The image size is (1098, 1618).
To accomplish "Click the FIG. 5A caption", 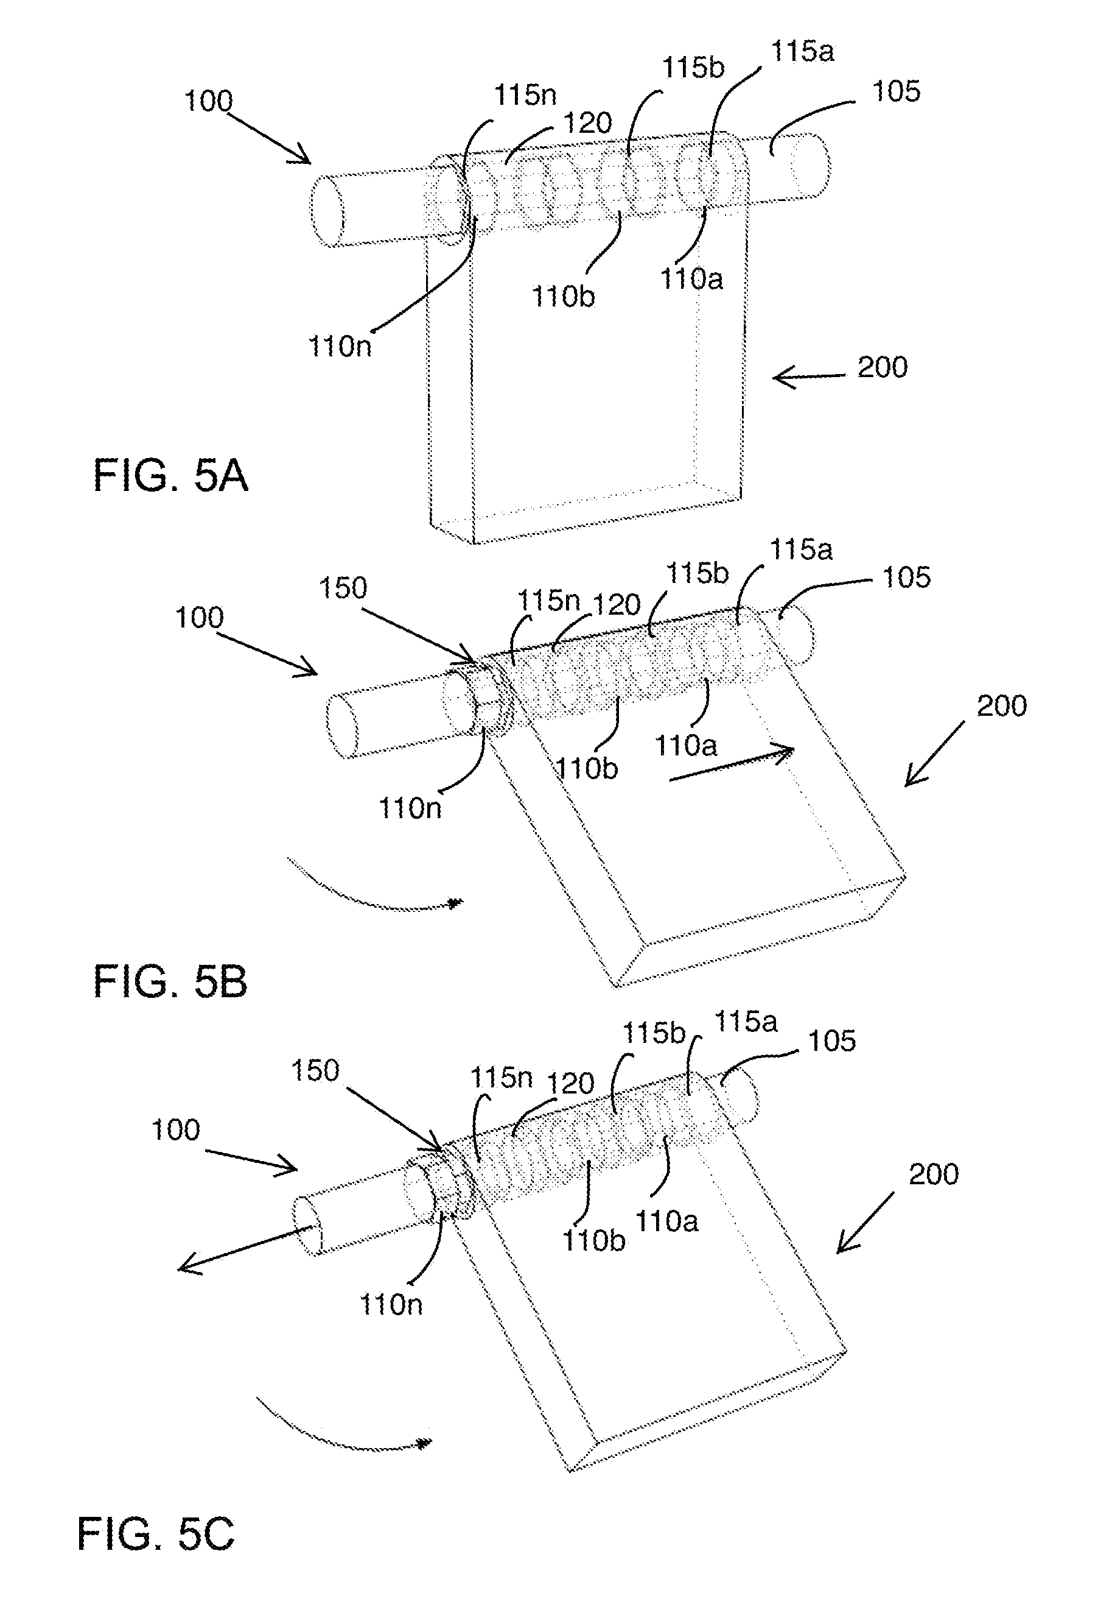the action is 170,476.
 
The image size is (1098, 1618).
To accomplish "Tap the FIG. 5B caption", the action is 170,981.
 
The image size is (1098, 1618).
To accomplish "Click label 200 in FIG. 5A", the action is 883,367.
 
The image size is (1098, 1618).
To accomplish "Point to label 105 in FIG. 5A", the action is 896,91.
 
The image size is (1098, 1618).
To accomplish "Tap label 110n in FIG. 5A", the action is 340,346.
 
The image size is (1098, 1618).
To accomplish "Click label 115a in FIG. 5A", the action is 802,52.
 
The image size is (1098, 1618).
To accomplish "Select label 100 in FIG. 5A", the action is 208,101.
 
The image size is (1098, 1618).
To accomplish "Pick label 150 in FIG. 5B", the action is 342,588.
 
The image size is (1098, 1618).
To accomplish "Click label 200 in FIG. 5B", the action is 1001,706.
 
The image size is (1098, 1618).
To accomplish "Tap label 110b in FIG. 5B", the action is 586,769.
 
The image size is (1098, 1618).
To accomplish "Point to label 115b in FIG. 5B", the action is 698,573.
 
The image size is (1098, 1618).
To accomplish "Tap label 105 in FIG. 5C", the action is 831,1041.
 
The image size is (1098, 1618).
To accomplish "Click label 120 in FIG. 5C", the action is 570,1083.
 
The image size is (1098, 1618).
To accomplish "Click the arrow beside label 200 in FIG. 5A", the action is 808,376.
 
